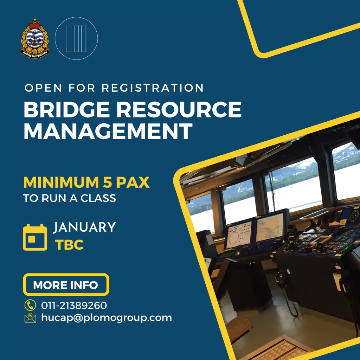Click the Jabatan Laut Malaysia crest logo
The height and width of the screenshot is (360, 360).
(x=35, y=38)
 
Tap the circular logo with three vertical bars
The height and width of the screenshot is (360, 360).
(x=76, y=38)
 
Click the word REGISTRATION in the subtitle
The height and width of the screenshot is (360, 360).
(x=153, y=88)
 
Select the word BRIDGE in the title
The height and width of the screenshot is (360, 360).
(x=67, y=109)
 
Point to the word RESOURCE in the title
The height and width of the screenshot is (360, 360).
(x=179, y=109)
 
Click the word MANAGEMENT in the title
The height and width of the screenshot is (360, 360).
(x=108, y=131)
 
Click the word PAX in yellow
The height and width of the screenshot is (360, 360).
(x=133, y=182)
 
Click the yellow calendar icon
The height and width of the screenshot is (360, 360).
(x=35, y=237)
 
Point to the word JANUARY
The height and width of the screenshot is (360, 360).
(x=85, y=227)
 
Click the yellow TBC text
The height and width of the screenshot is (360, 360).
(x=69, y=245)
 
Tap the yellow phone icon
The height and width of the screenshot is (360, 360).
(x=30, y=305)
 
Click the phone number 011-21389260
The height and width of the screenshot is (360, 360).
(x=74, y=306)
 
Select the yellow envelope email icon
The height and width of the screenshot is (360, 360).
(x=30, y=318)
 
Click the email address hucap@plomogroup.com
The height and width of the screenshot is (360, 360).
(x=107, y=318)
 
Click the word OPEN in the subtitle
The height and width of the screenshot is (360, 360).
(x=43, y=88)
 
